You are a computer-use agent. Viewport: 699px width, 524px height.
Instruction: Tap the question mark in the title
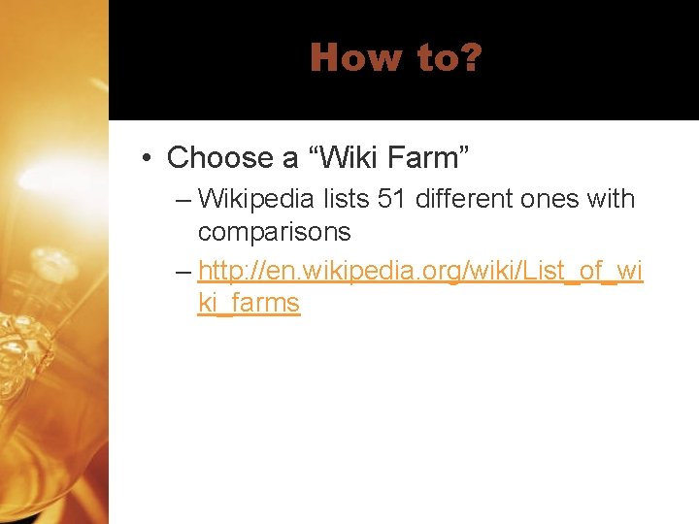(471, 58)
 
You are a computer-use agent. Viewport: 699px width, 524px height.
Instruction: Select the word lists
(346, 200)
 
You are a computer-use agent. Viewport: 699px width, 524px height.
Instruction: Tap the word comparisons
(275, 233)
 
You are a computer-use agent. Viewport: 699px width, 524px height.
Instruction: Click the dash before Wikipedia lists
(184, 200)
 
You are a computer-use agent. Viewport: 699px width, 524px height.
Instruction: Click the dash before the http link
(184, 270)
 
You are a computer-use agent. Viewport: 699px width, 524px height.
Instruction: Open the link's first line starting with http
(420, 270)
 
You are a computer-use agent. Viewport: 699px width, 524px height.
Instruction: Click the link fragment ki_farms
(249, 303)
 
